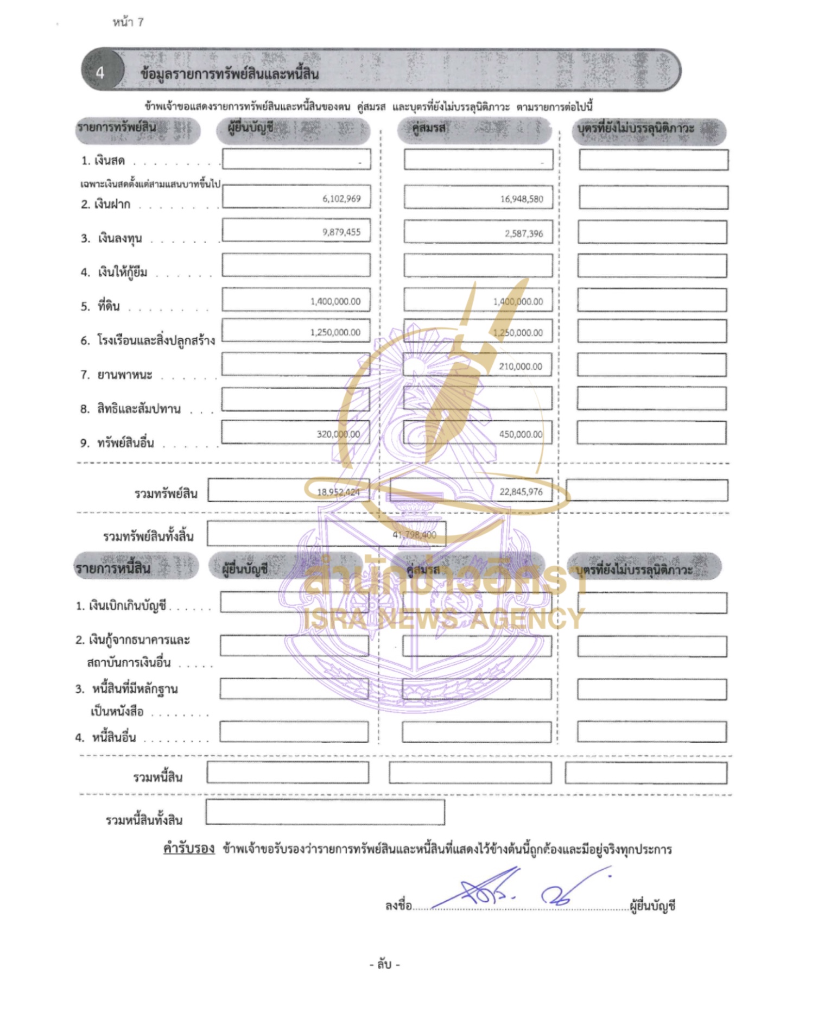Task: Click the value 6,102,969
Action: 341,199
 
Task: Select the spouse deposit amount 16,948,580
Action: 521,199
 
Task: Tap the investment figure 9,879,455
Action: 341,232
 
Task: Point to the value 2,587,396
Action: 523,234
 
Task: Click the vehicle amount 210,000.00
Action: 520,366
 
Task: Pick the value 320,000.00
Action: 338,434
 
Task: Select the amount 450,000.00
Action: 520,434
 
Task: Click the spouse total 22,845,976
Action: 521,492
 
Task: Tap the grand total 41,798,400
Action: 414,535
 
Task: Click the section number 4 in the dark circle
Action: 100,73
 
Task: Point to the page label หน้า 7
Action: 128,22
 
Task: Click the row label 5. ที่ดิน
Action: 100,306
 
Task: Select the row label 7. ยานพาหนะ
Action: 117,375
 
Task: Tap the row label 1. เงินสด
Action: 103,161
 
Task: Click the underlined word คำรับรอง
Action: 188,849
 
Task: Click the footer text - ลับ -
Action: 384,965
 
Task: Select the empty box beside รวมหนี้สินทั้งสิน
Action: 325,812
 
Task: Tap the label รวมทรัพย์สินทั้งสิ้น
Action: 148,536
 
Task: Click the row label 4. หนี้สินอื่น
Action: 106,737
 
